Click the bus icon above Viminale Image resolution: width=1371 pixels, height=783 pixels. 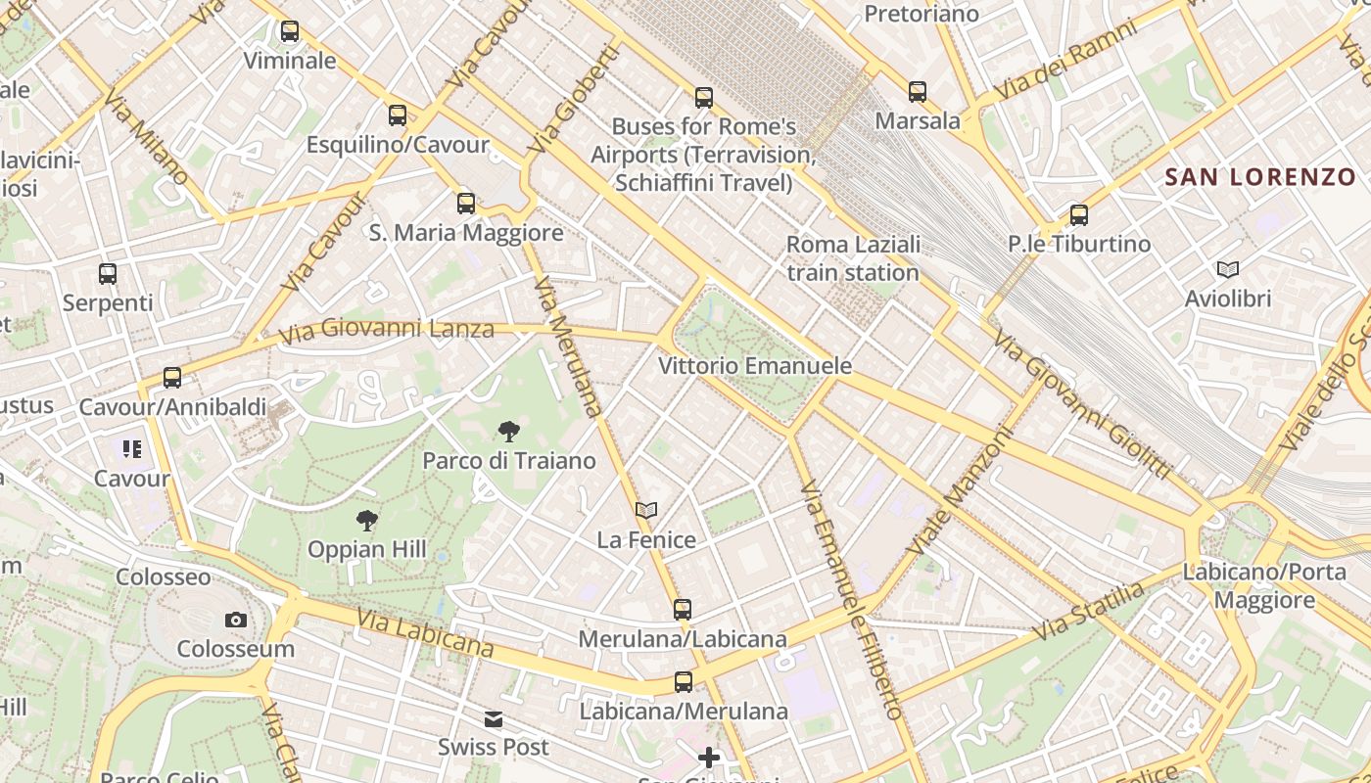point(289,31)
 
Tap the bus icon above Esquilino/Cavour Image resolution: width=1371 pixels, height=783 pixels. point(397,115)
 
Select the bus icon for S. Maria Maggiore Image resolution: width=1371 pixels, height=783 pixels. point(466,204)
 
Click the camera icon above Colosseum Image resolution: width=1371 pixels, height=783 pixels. point(235,620)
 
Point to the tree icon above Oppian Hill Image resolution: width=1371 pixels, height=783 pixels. point(367,520)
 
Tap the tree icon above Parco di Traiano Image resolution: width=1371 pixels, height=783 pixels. point(508,431)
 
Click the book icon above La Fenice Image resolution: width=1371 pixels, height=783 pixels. point(645,510)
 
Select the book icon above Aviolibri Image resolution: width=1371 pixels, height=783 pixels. point(1227,269)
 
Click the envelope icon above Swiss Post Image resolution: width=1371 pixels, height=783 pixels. point(493,719)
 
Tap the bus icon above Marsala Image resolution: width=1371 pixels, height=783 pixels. point(918,92)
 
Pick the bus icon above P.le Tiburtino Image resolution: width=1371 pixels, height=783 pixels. point(1079,215)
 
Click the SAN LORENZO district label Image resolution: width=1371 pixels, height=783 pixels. point(1259,177)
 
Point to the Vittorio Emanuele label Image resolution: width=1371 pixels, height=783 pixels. point(755,366)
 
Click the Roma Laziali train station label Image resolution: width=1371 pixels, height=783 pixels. point(853,258)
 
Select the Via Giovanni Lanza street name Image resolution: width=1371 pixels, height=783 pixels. point(386,331)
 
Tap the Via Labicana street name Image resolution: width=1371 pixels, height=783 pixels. point(425,633)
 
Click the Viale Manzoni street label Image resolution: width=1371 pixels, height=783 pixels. point(959,489)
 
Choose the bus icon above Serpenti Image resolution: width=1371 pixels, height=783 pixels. point(108,274)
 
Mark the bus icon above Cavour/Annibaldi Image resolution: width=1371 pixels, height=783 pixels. point(172,377)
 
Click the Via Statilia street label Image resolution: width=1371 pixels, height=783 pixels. point(1088,612)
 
